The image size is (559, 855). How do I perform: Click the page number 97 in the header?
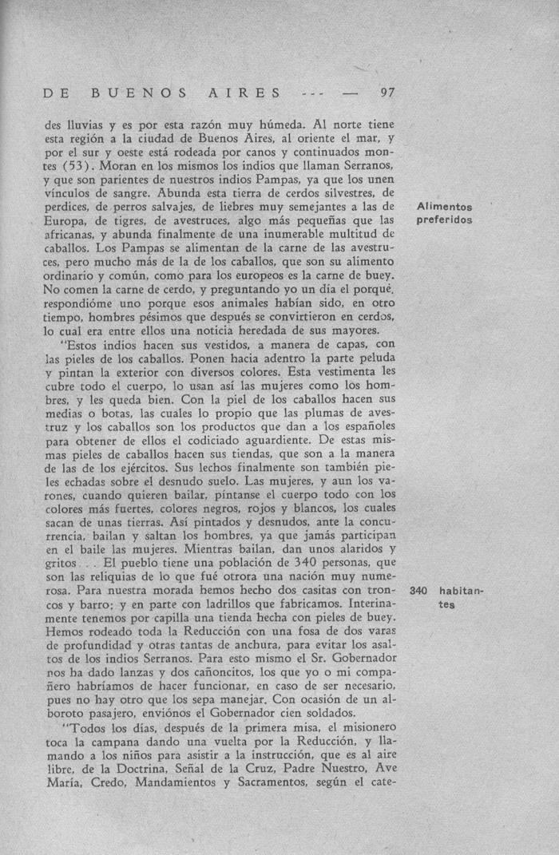point(388,93)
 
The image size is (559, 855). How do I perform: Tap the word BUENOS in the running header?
point(140,93)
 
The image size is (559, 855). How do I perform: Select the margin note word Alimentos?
point(445,208)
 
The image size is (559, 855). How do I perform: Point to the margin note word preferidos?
point(445,220)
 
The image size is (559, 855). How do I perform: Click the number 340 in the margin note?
point(418,592)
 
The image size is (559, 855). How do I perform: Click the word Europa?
point(66,220)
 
